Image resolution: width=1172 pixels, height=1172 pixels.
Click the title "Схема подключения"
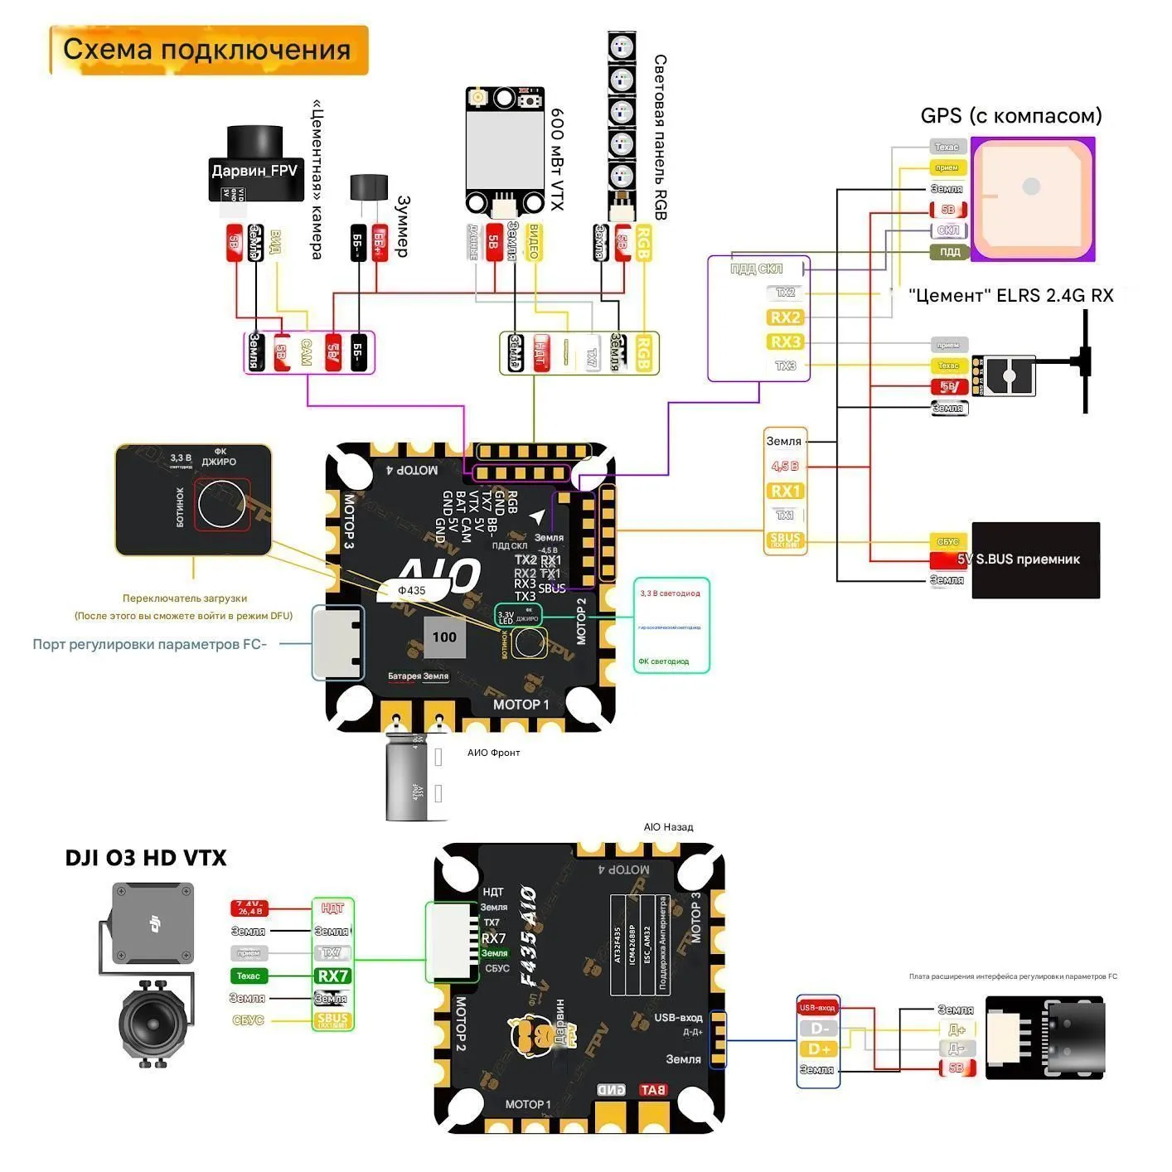(207, 50)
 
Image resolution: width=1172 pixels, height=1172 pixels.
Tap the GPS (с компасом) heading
(1011, 116)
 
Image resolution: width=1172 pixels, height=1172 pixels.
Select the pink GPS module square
(1032, 199)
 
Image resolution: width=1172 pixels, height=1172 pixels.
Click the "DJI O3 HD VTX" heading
(146, 858)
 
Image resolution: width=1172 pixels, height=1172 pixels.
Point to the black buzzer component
(368, 188)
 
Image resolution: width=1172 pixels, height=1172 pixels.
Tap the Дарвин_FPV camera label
(254, 171)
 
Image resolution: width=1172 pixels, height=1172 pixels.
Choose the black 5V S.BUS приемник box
(1035, 559)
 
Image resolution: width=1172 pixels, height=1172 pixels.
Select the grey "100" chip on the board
(444, 637)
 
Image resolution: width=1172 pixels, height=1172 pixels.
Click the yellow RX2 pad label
(785, 317)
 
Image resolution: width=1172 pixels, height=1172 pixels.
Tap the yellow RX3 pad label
(785, 341)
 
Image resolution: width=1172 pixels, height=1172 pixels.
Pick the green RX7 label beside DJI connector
(332, 976)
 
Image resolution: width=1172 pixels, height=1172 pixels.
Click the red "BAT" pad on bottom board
(652, 1090)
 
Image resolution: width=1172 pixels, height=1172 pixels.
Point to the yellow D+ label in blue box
(819, 1049)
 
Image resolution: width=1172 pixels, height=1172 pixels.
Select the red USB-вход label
(817, 1008)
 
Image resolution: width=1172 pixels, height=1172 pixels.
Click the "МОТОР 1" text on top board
(521, 705)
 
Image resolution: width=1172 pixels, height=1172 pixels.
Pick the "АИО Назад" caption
(668, 827)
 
